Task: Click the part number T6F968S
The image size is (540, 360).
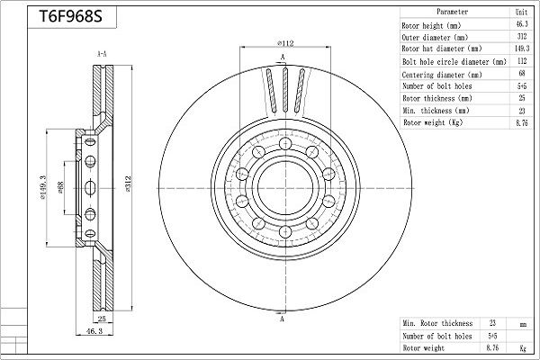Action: pyautogui.click(x=70, y=16)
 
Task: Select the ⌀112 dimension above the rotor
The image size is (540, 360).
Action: pyautogui.click(x=285, y=43)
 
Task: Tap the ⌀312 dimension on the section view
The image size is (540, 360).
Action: pyautogui.click(x=129, y=184)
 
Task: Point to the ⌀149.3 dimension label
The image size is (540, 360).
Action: pyautogui.click(x=43, y=187)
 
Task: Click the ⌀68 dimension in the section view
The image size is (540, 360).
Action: pyautogui.click(x=61, y=187)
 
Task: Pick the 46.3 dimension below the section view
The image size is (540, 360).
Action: pyautogui.click(x=94, y=331)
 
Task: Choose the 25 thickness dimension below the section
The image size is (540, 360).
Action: pyautogui.click(x=102, y=319)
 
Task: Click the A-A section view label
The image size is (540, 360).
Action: pyautogui.click(x=102, y=54)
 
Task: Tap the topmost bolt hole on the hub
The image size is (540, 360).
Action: pyautogui.click(x=285, y=143)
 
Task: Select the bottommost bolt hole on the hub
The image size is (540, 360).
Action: pyautogui.click(x=285, y=231)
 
